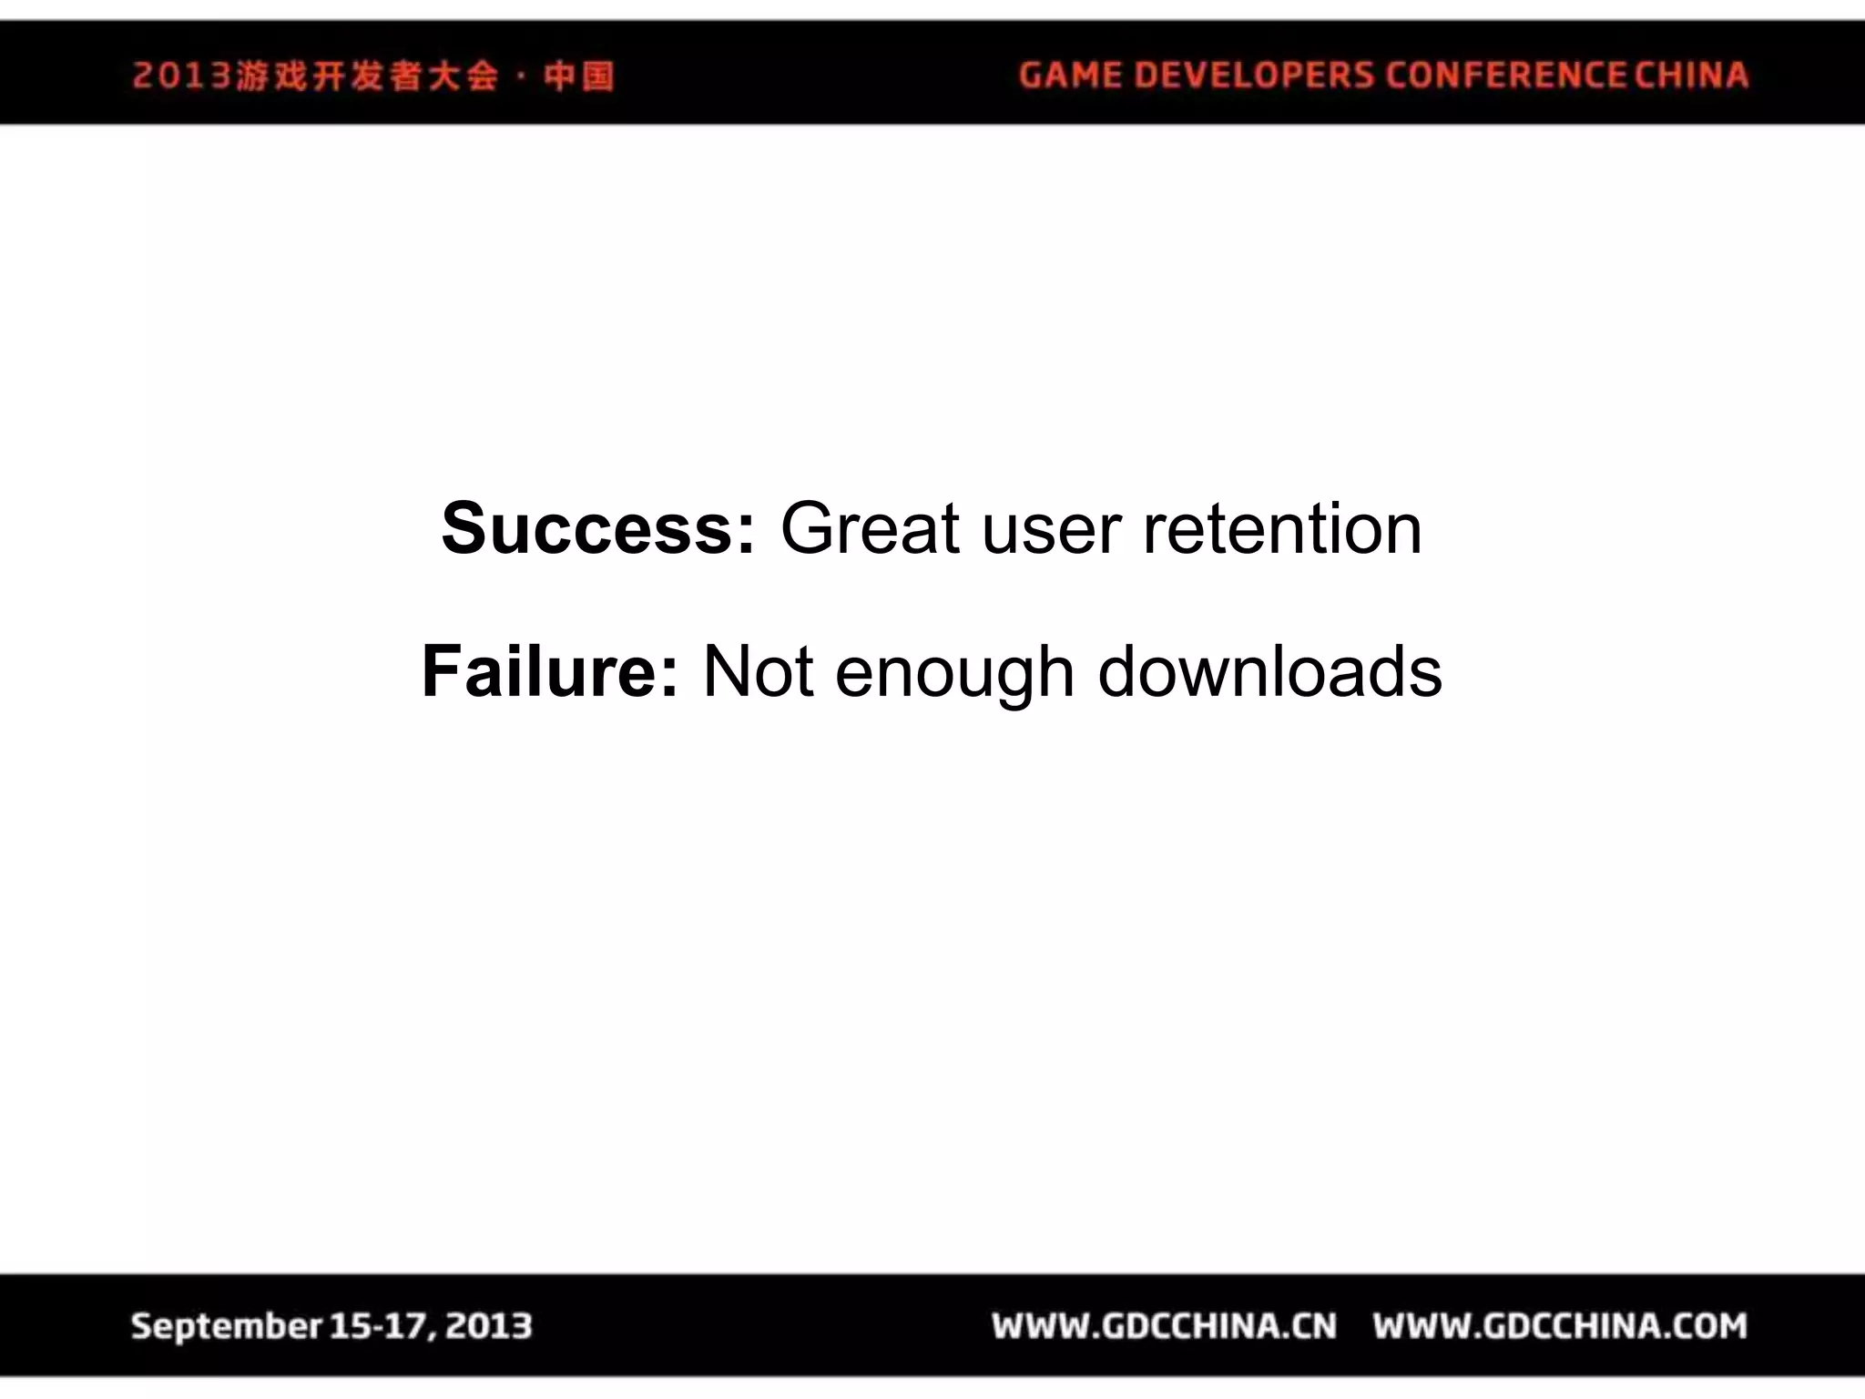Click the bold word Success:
pos(597,529)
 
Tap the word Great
pos(870,529)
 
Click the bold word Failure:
pos(550,672)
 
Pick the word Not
pos(758,672)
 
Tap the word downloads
pos(1269,672)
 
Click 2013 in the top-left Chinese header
pos(182,76)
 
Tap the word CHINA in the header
pos(1691,75)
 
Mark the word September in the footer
pos(226,1326)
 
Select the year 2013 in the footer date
pos(490,1326)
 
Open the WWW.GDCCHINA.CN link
pos(1165,1326)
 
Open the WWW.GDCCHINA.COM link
pos(1560,1326)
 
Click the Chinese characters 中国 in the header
pos(579,76)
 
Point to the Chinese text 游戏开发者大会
pos(367,76)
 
